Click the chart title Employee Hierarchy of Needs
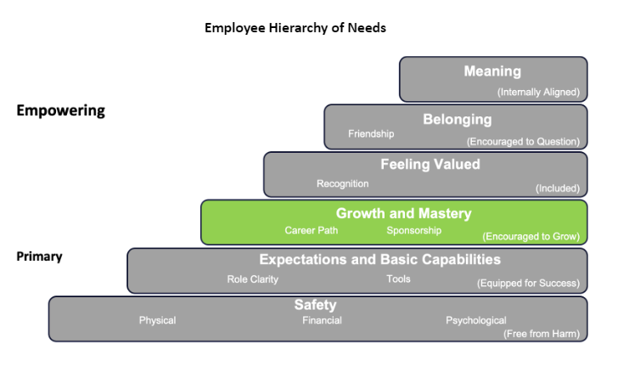(x=295, y=28)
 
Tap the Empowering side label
(x=60, y=110)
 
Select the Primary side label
(x=39, y=256)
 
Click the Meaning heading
(x=492, y=71)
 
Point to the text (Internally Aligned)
(x=538, y=93)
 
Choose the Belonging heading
(x=458, y=120)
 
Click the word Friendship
(x=371, y=134)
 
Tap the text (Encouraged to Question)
(x=523, y=142)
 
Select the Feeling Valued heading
(x=430, y=165)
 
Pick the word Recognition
(x=343, y=183)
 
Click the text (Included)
(x=558, y=189)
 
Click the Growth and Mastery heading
(x=403, y=213)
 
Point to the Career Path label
(x=312, y=231)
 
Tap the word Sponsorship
(x=414, y=231)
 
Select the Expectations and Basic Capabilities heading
(x=380, y=260)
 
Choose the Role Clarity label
(x=253, y=279)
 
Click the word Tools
(x=398, y=279)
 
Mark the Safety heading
(x=315, y=305)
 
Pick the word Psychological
(x=476, y=321)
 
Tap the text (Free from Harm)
(x=542, y=334)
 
